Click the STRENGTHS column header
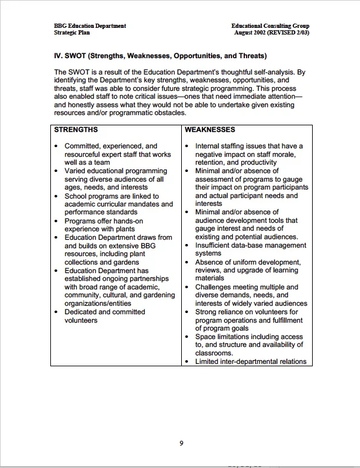(76, 130)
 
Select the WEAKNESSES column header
(210, 130)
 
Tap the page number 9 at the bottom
(181, 443)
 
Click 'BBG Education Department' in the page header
(90, 26)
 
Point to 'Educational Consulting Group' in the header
(270, 26)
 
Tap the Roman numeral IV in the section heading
(59, 56)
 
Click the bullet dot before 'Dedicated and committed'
(56, 312)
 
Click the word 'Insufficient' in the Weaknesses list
(216, 246)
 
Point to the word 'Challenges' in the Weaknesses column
(214, 287)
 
